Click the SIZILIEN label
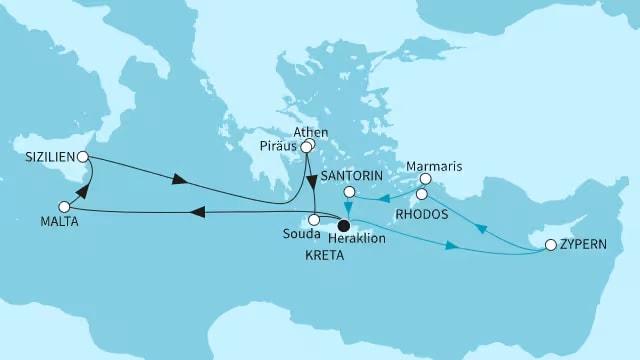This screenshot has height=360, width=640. coord(47,157)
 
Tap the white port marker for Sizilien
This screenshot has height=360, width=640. coord(83,157)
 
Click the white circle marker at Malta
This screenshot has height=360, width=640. coord(65,207)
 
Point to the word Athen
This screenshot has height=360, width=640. coord(311,132)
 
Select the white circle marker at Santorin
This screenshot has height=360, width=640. coord(349,192)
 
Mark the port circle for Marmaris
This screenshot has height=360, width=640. coord(424,181)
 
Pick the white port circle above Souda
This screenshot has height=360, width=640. coord(313,219)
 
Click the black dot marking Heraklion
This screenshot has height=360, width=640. coord(344,226)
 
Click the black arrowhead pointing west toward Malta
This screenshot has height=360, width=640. coord(200,211)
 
